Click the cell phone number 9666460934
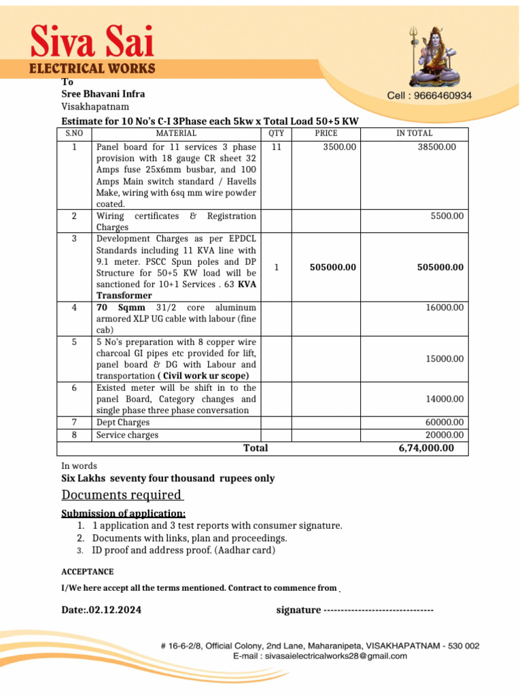429,96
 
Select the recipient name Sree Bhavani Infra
103,94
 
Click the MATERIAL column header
176,134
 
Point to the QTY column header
277,134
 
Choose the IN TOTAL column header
414,134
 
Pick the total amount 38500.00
436,147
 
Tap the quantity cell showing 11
277,147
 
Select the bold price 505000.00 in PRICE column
332,268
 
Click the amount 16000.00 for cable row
445,308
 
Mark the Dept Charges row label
123,423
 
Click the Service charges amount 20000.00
445,435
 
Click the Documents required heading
122,495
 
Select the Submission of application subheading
124,513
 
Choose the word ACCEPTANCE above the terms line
88,572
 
